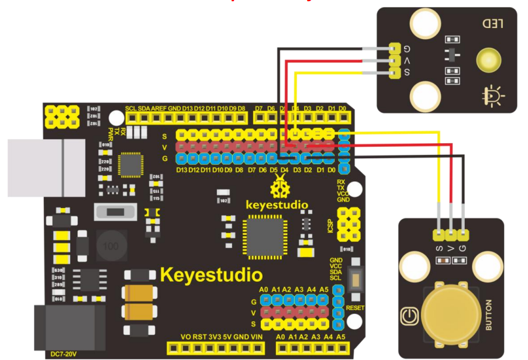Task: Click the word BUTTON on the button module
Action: pyautogui.click(x=489, y=316)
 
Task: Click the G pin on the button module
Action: pyautogui.click(x=464, y=235)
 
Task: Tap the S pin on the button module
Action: pyautogui.click(x=439, y=235)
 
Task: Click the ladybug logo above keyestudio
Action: pyautogui.click(x=279, y=189)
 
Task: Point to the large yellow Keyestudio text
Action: pyautogui.click(x=211, y=274)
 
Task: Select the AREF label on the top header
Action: pyautogui.click(x=158, y=109)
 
